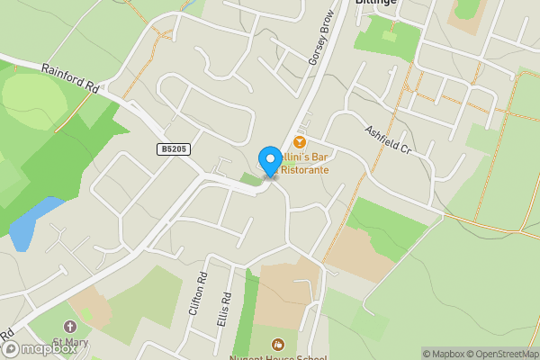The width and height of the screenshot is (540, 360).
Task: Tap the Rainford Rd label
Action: [x=69, y=77]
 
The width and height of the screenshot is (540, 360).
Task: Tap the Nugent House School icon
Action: [x=277, y=344]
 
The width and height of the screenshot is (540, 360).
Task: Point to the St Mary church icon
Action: [x=70, y=327]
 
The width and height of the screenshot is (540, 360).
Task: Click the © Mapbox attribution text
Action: [x=444, y=354]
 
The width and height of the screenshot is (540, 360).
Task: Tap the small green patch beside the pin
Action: [x=250, y=179]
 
